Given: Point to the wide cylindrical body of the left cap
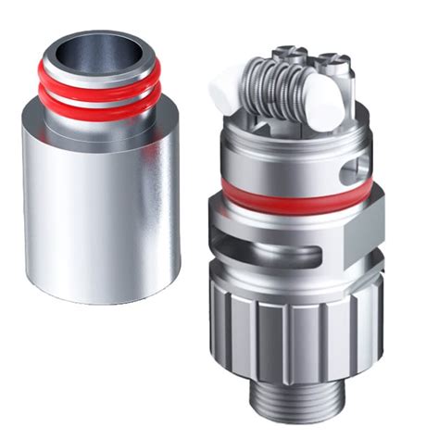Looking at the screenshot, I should [x=103, y=213].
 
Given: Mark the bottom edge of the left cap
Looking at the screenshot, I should [x=103, y=298].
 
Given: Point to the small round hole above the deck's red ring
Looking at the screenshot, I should [x=348, y=172].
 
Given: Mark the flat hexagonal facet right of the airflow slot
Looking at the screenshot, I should [x=361, y=241].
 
